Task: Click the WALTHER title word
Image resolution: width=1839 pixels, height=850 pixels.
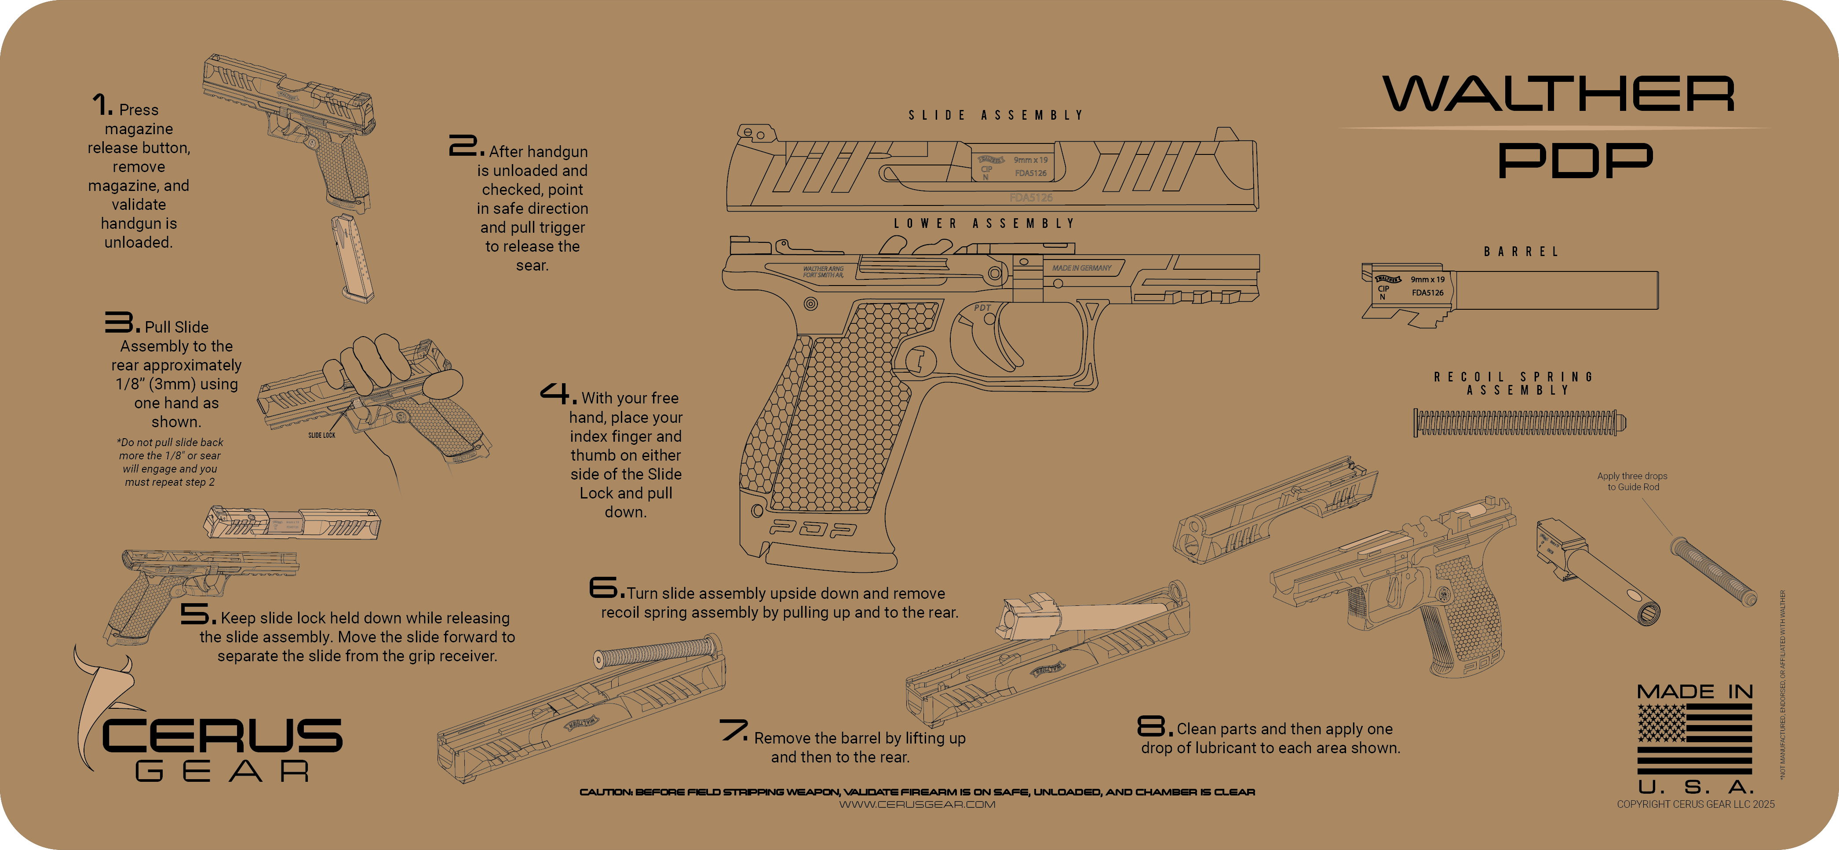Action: click(x=1558, y=94)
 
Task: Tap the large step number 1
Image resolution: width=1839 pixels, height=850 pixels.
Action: click(x=102, y=105)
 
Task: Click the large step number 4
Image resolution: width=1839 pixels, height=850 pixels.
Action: click(x=557, y=394)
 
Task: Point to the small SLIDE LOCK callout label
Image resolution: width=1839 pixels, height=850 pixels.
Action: click(x=321, y=435)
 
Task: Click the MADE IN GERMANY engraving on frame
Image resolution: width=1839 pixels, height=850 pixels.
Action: click(x=1082, y=268)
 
